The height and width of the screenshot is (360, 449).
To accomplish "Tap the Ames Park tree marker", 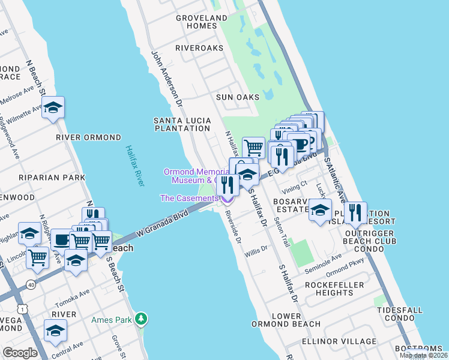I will tap(141, 318).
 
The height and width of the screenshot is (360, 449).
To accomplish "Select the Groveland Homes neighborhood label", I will tap(201, 22).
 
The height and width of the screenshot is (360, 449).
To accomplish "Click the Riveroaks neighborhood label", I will tap(199, 48).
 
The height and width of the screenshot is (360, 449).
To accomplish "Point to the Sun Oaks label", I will tap(238, 97).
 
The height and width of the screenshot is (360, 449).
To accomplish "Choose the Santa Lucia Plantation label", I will tap(182, 124).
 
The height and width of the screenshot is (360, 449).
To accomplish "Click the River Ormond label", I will tap(88, 137).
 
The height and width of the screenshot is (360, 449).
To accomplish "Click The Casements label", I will tap(189, 198).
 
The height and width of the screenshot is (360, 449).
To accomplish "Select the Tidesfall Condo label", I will tap(400, 314).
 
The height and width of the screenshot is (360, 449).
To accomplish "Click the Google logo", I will tap(20, 352).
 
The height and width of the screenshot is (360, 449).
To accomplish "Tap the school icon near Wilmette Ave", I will tap(53, 108).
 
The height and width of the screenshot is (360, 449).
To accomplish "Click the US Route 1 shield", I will tap(23, 308).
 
